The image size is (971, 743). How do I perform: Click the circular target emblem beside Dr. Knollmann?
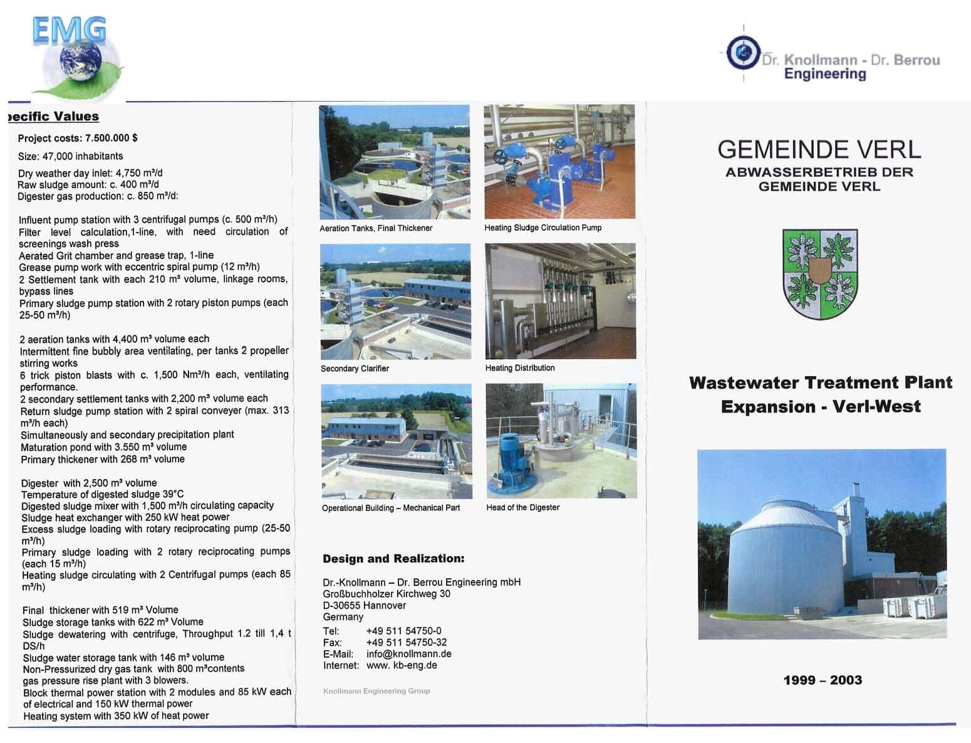point(743,53)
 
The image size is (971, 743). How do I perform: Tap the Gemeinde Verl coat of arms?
point(819,273)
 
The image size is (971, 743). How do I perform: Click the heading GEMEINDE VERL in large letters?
point(819,149)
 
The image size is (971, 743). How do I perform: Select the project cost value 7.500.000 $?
point(111,138)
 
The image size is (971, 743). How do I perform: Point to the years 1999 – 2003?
point(823,680)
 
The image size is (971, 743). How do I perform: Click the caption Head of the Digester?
point(522,507)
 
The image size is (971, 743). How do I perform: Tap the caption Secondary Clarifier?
point(355,369)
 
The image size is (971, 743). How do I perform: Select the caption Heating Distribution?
point(519,368)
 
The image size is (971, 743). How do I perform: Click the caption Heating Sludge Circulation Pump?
point(543,228)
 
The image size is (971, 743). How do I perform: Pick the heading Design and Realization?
point(393,559)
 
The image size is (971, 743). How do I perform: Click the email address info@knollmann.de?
point(408,654)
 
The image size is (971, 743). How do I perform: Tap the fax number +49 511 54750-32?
point(406,642)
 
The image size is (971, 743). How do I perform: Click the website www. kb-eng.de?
point(402,665)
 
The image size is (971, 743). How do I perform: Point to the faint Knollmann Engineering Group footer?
point(376,691)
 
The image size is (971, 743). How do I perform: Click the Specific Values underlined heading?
point(53,116)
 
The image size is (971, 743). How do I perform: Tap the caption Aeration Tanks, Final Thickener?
point(376,228)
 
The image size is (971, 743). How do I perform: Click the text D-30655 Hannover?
point(364,605)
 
